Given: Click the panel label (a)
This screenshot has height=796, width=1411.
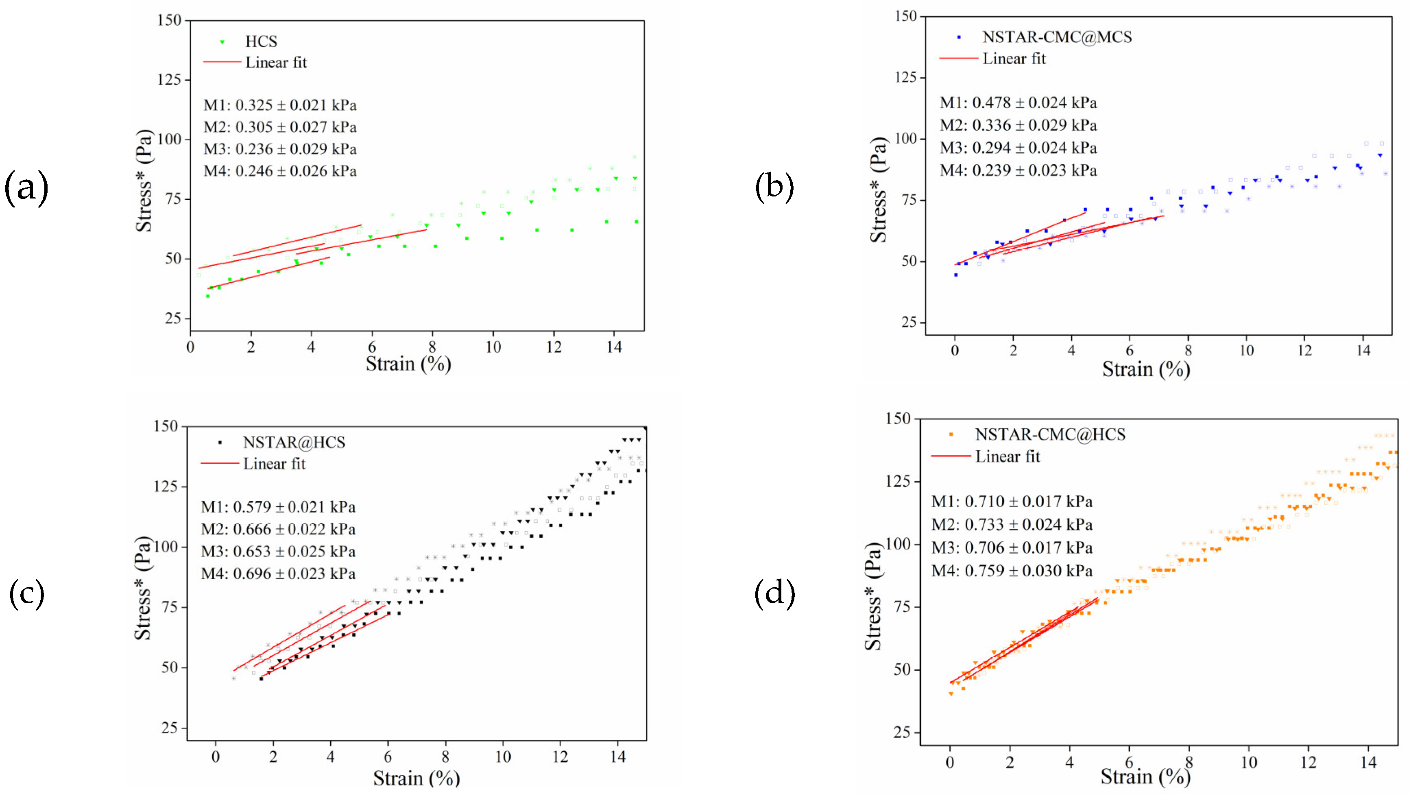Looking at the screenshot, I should point(26,188).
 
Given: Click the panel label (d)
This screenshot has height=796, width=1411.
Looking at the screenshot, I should point(774,593).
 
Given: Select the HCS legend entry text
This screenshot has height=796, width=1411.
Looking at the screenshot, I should point(261,41).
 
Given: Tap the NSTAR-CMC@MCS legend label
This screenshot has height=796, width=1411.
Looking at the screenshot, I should point(1057,37).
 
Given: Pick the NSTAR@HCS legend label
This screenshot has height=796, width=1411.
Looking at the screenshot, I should point(294,442).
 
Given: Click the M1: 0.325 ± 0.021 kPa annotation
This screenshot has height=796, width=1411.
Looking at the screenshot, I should point(280,105).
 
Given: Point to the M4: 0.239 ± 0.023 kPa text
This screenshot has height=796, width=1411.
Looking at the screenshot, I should point(1018,170).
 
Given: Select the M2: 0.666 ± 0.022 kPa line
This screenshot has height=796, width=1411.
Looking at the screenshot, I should point(278,529).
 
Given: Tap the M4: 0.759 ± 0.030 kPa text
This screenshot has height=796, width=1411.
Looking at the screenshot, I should point(1011,571).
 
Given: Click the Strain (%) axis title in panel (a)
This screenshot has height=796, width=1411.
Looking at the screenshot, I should point(408,363).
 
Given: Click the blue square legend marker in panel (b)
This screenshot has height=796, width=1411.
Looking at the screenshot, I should point(959,37).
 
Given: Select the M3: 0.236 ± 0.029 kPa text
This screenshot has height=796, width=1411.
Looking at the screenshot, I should point(280,149).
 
